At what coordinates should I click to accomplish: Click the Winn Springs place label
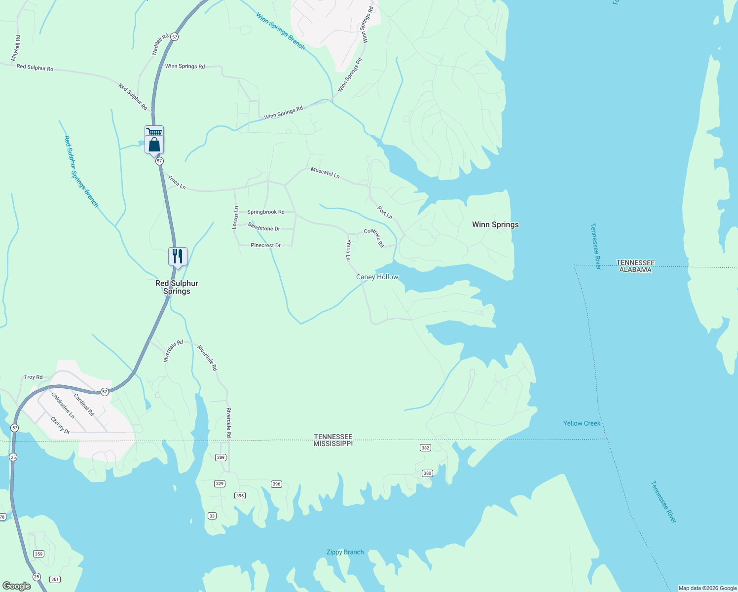(x=495, y=224)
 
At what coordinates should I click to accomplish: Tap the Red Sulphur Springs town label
(x=177, y=287)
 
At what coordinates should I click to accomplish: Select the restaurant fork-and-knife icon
(x=178, y=257)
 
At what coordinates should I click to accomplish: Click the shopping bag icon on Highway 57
(x=154, y=145)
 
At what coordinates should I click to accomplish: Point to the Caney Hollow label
(x=377, y=277)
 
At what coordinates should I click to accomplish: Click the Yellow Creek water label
(x=582, y=423)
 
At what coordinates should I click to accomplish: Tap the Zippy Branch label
(x=345, y=552)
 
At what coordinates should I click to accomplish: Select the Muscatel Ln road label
(x=325, y=173)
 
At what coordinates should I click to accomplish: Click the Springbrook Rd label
(x=266, y=212)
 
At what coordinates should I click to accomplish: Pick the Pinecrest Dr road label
(x=265, y=245)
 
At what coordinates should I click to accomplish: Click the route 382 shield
(x=425, y=448)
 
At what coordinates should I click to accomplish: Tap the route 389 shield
(x=221, y=457)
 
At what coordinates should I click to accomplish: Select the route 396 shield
(x=276, y=484)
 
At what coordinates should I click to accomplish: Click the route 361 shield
(x=55, y=579)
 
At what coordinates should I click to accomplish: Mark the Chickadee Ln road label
(x=63, y=406)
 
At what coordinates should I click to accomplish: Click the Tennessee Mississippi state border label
(x=333, y=440)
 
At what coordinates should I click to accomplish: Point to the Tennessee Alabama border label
(x=635, y=266)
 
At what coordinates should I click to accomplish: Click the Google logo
(x=16, y=586)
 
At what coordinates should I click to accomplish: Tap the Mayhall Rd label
(x=16, y=48)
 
